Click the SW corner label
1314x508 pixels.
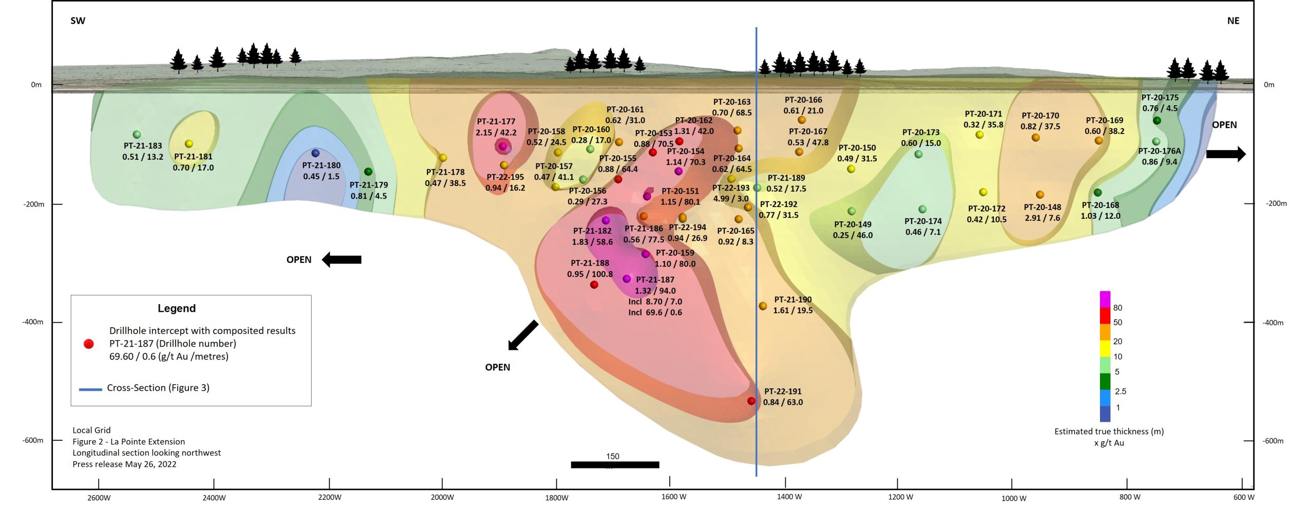click(78, 21)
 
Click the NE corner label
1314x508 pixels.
click(1233, 21)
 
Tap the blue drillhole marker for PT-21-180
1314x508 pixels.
click(316, 153)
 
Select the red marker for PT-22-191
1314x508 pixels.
click(751, 401)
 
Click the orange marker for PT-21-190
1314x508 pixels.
click(763, 306)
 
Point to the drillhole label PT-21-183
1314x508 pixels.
click(143, 146)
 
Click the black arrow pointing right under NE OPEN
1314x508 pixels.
click(1226, 154)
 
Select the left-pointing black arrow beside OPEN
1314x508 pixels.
click(341, 259)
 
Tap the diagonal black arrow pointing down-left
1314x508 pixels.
click(523, 335)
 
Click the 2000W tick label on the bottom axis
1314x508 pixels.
click(442, 497)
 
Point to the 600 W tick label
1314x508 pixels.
click(1244, 497)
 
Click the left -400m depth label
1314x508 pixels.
click(33, 322)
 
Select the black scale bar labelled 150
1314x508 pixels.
click(615, 465)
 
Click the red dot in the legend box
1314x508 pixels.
click(89, 344)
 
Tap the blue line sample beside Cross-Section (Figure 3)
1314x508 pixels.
click(90, 389)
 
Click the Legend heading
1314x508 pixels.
click(177, 308)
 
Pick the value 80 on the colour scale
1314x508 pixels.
click(1117, 308)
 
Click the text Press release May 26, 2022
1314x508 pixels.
click(124, 464)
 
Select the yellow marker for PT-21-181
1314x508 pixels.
click(189, 144)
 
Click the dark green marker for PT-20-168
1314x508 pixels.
click(1097, 193)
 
